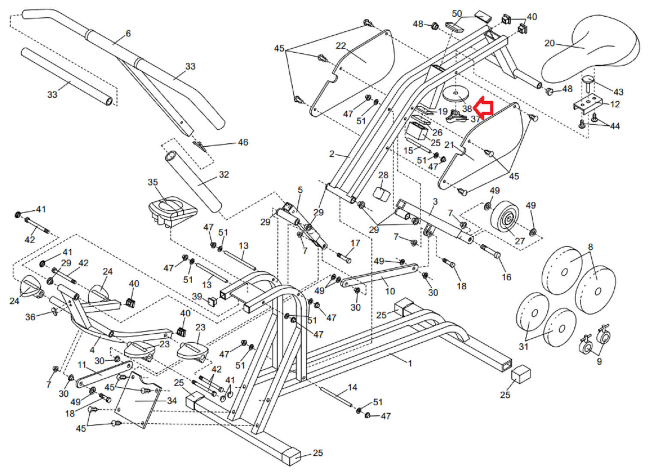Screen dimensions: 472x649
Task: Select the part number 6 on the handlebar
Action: pyautogui.click(x=128, y=33)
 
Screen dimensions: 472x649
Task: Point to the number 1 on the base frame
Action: pyautogui.click(x=410, y=363)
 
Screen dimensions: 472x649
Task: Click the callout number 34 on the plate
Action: pyautogui.click(x=172, y=401)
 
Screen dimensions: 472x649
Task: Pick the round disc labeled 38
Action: pyautogui.click(x=455, y=94)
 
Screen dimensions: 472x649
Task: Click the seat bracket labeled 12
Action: pyautogui.click(x=585, y=105)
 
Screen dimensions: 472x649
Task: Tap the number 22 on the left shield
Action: pyautogui.click(x=341, y=45)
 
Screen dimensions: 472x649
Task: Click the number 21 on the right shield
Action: pyautogui.click(x=449, y=145)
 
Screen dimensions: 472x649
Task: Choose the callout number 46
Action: pyautogui.click(x=243, y=142)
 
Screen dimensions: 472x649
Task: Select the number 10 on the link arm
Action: pyautogui.click(x=390, y=291)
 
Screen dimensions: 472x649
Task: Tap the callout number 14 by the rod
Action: pyautogui.click(x=352, y=387)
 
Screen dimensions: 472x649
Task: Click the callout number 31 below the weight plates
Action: pyautogui.click(x=524, y=346)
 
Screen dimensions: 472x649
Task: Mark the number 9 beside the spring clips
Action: pyautogui.click(x=600, y=361)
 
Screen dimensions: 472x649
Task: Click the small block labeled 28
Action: pyautogui.click(x=381, y=193)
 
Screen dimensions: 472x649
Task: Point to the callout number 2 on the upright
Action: pyautogui.click(x=332, y=154)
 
